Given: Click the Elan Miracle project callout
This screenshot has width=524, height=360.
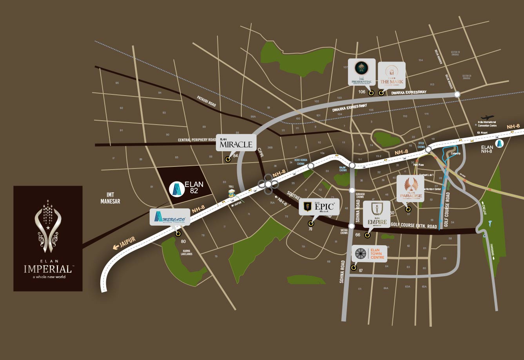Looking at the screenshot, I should point(236,143).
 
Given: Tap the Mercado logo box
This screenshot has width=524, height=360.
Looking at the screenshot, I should point(170,217).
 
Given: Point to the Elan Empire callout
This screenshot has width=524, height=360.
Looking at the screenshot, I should point(377,214).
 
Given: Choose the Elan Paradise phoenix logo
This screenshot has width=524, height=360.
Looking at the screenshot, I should point(410,188).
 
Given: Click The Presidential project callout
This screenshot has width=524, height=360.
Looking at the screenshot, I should point(362,72).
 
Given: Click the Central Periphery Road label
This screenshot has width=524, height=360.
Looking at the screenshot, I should point(197,139).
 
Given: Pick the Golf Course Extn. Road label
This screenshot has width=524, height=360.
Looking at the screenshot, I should point(414,226).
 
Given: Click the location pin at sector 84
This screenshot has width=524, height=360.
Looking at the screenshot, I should point(228,159).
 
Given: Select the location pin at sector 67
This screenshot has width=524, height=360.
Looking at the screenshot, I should point(354,268).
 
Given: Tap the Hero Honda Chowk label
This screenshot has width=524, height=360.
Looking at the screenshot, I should point(300,161).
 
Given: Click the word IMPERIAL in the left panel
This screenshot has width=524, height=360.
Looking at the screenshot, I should point(47,269).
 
